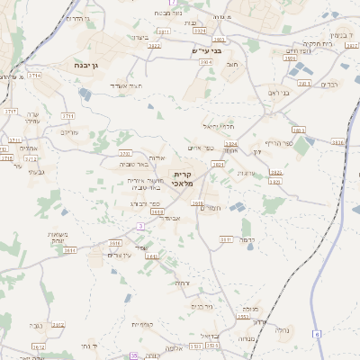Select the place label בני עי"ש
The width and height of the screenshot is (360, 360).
tap(206, 51)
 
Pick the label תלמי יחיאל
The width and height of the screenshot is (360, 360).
tap(217, 125)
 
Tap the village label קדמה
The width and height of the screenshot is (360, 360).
tap(242, 240)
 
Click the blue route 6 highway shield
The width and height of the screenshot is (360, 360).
tap(317, 334)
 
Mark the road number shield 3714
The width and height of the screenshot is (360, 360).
tap(34, 76)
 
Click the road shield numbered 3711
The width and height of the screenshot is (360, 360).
tap(67, 116)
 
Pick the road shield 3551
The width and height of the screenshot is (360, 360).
tap(243, 317)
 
